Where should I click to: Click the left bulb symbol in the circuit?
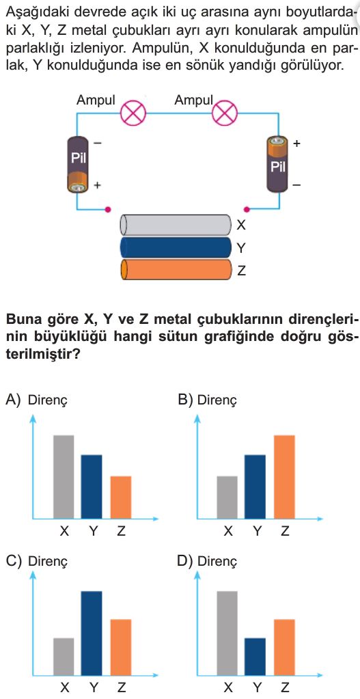point(133,113)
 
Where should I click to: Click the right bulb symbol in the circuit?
point(225,113)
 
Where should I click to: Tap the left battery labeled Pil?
point(79,165)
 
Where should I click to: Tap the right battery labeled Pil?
point(277,165)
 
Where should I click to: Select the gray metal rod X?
point(176,225)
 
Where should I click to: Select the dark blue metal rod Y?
point(176,247)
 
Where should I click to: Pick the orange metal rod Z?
point(176,270)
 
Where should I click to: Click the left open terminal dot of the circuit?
point(107,208)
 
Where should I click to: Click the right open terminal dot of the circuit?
point(247,208)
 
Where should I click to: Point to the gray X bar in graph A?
point(64,476)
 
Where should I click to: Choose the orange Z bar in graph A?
point(121,497)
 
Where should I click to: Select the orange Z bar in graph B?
point(284,476)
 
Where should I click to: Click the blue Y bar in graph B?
point(255,486)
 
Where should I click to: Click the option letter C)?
point(14,561)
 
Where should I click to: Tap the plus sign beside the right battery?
point(297,144)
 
